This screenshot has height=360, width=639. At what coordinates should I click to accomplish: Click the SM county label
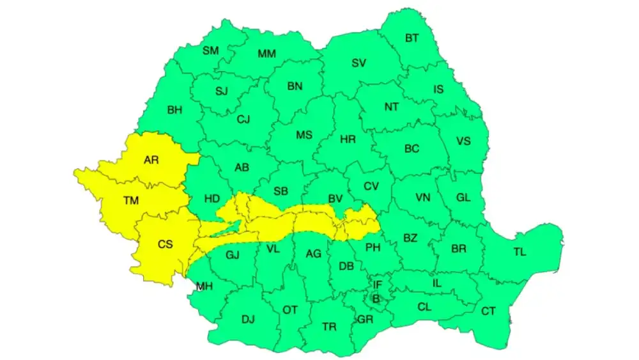tap(211, 51)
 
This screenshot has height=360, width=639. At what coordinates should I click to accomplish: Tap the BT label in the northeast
tap(412, 38)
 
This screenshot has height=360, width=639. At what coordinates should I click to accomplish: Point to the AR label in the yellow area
tap(151, 160)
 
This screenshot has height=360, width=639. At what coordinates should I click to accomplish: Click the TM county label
tap(131, 201)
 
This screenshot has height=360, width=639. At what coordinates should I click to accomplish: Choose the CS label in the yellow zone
tap(165, 244)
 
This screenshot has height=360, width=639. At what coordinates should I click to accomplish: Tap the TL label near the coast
tap(520, 252)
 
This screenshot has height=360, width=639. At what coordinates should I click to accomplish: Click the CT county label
tap(488, 311)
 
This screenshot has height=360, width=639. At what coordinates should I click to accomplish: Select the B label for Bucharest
tap(376, 298)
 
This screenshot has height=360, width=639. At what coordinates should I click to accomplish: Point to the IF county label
tap(377, 284)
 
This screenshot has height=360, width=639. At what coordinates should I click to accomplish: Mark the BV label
tap(335, 199)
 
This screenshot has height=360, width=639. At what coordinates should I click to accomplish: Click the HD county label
tap(212, 199)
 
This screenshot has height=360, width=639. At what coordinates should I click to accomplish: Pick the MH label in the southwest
tap(204, 286)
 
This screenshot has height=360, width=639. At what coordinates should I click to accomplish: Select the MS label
tap(304, 135)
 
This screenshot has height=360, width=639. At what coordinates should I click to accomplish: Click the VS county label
tap(463, 141)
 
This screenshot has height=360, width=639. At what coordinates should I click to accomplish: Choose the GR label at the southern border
tap(366, 320)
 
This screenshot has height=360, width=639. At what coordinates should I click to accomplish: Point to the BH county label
tap(174, 110)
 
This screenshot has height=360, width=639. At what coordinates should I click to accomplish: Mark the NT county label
tap(391, 107)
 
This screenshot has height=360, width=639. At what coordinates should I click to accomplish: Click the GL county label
tap(463, 197)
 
